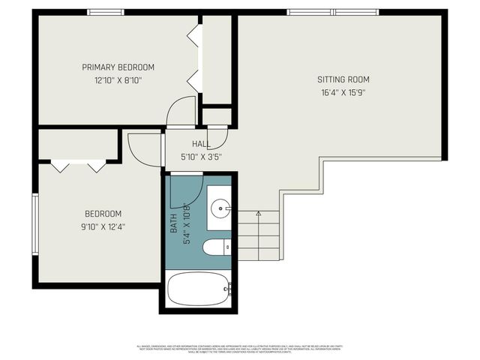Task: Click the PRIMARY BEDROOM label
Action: [x=118, y=67]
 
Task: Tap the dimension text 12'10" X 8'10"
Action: [x=118, y=79]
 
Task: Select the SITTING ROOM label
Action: [x=343, y=79]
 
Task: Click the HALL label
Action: [x=201, y=144]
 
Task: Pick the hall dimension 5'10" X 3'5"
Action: [x=201, y=157]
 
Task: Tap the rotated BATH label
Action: [x=173, y=224]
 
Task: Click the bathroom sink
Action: [x=220, y=208]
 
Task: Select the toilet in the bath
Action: [x=217, y=247]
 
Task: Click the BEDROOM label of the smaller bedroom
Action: [x=103, y=214]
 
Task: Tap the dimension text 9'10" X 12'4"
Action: [x=103, y=226]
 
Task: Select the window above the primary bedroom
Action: [x=106, y=12]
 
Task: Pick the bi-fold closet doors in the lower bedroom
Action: [x=79, y=166]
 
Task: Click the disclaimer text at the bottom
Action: [x=240, y=349]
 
